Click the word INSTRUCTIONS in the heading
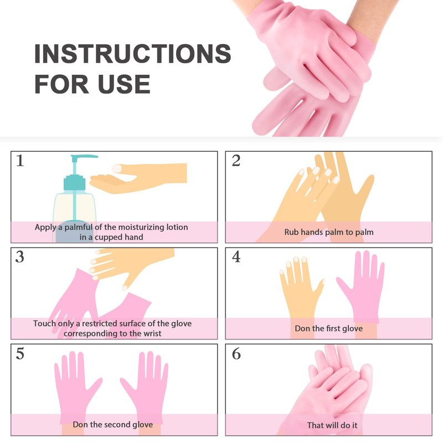tap(133, 53)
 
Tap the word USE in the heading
tap(123, 84)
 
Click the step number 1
tap(20, 161)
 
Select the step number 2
tap(236, 161)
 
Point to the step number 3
tap(20, 257)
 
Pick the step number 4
tap(236, 257)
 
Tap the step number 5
tap(20, 353)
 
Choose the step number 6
tap(236, 353)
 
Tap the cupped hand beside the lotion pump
tap(138, 178)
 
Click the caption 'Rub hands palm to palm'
tap(329, 232)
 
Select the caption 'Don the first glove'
tap(328, 328)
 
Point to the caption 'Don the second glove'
tap(113, 424)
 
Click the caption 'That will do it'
tap(332, 425)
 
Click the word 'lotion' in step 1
tap(177, 227)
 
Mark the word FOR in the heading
tap(61, 84)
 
